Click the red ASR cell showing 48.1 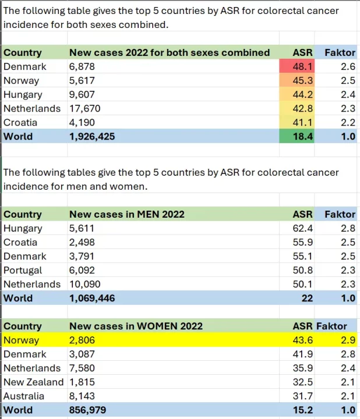pyautogui.click(x=302, y=67)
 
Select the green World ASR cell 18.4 pyautogui.click(x=302, y=136)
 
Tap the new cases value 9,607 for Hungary pyautogui.click(x=82, y=95)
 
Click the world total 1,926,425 pyautogui.click(x=92, y=136)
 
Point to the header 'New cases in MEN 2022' pyautogui.click(x=126, y=214)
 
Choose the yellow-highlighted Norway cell pyautogui.click(x=22, y=340)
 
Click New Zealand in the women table pyautogui.click(x=33, y=382)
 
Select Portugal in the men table pyautogui.click(x=23, y=270)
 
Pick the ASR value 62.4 pyautogui.click(x=303, y=229)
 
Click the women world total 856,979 pyautogui.click(x=88, y=410)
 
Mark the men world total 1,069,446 pyautogui.click(x=92, y=298)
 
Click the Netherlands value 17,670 pyautogui.click(x=85, y=108)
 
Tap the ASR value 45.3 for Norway pyautogui.click(x=302, y=81)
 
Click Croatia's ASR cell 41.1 pyautogui.click(x=302, y=122)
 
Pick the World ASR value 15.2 pyautogui.click(x=303, y=410)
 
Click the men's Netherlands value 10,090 pyautogui.click(x=85, y=284)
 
